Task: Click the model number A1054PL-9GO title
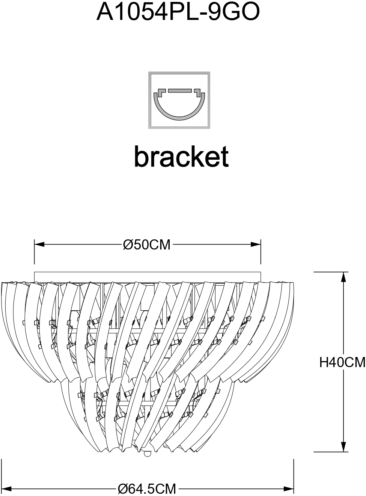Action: click(x=178, y=12)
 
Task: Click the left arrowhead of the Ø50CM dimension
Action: click(x=39, y=244)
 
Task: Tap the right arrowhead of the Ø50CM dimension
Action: click(x=256, y=244)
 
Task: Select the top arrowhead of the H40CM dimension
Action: click(x=343, y=277)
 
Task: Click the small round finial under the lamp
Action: click(x=147, y=454)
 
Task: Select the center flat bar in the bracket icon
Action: click(x=180, y=91)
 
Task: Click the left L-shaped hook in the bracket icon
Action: click(x=161, y=92)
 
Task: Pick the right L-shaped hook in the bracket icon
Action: click(x=197, y=92)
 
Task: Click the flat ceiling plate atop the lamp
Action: click(x=148, y=277)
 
